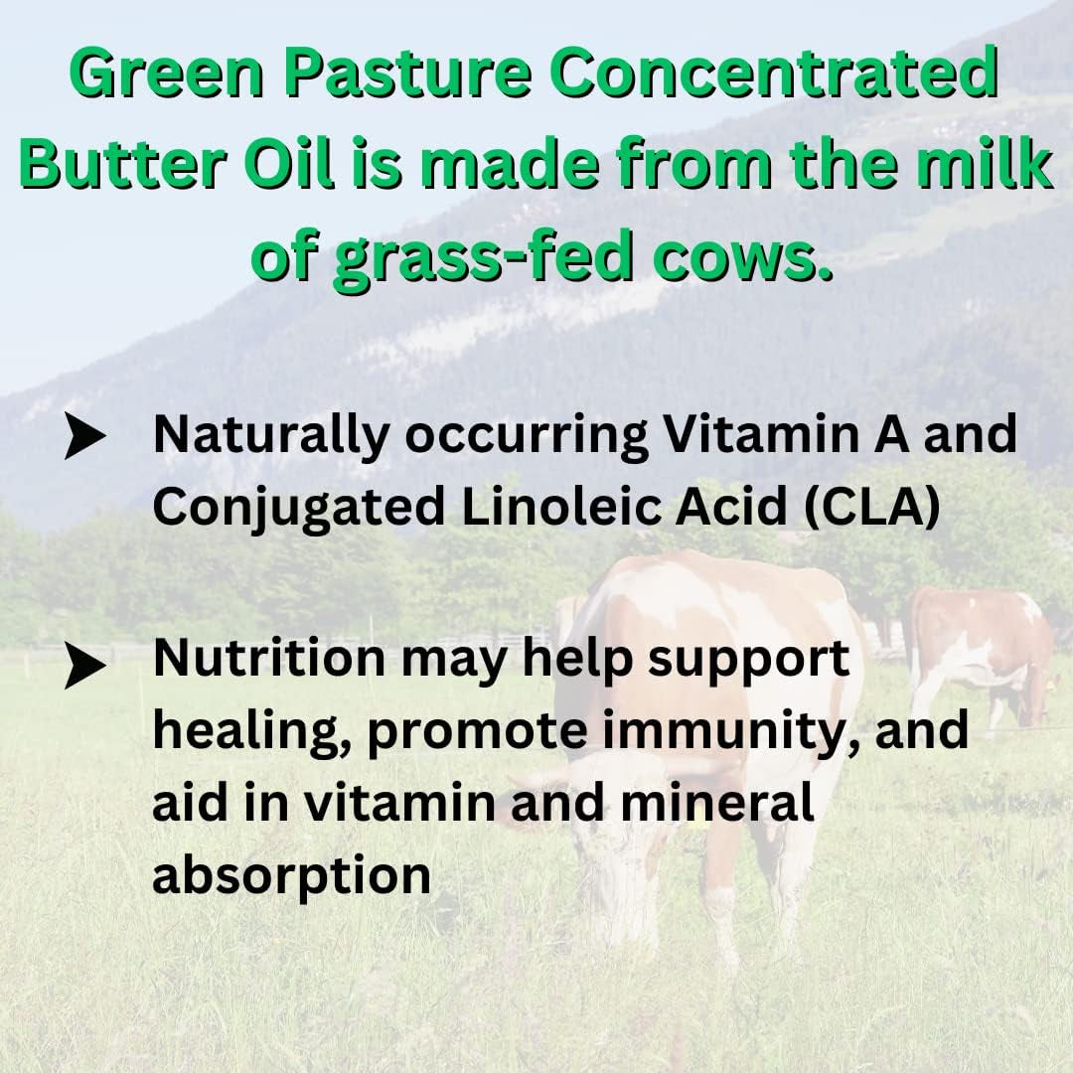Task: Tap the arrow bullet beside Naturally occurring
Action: [x=85, y=437]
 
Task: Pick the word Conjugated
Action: [x=299, y=508]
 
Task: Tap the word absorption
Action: [x=292, y=875]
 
